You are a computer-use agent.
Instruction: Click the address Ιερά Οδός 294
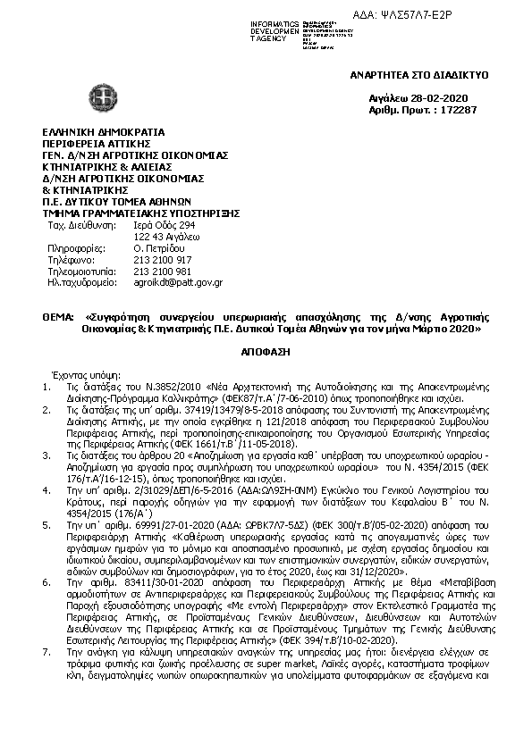(x=164, y=227)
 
